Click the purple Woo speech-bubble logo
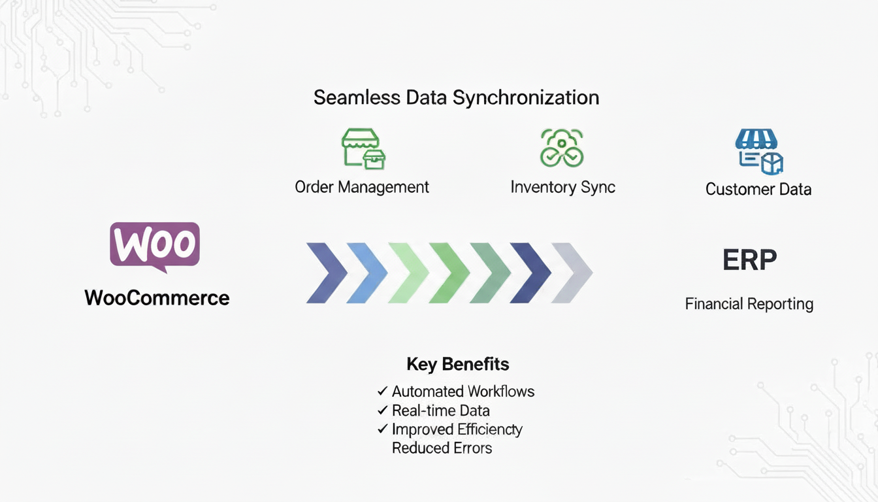pyautogui.click(x=155, y=246)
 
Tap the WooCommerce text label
pyautogui.click(x=157, y=298)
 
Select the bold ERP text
pyautogui.click(x=749, y=260)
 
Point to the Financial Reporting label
pyautogui.click(x=749, y=304)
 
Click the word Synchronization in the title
pyautogui.click(x=525, y=98)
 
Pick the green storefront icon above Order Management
pyautogui.click(x=363, y=148)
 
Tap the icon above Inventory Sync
pyautogui.click(x=561, y=148)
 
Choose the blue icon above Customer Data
pyautogui.click(x=758, y=151)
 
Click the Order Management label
pyautogui.click(x=362, y=187)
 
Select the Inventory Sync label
pyautogui.click(x=562, y=187)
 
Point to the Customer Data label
pyautogui.click(x=758, y=190)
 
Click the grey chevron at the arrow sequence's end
pyautogui.click(x=573, y=273)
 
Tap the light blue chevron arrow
pyautogui.click(x=368, y=273)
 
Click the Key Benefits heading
pyautogui.click(x=457, y=364)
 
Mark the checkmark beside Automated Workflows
pyautogui.click(x=383, y=391)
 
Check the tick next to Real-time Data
pyautogui.click(x=383, y=410)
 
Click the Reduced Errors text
pyautogui.click(x=442, y=448)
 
